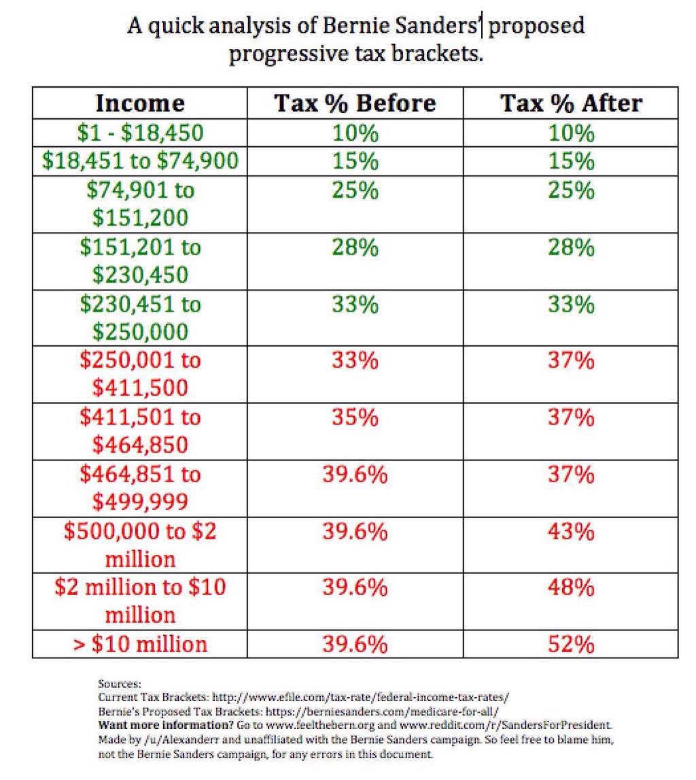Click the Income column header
coord(140,103)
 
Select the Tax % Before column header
coord(355,103)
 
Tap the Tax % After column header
coord(571,103)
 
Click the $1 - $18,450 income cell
coord(140,132)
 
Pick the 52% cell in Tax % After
coord(571,643)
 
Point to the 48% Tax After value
coord(571,586)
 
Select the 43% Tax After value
coord(571,530)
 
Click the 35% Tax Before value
coord(355,416)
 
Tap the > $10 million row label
coord(140,643)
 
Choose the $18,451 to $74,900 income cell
coord(140,161)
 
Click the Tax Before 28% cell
coord(355,247)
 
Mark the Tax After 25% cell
coord(571,190)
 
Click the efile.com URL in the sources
coord(360,697)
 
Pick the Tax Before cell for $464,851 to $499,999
coord(355,473)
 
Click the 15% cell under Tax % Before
coord(355,161)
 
